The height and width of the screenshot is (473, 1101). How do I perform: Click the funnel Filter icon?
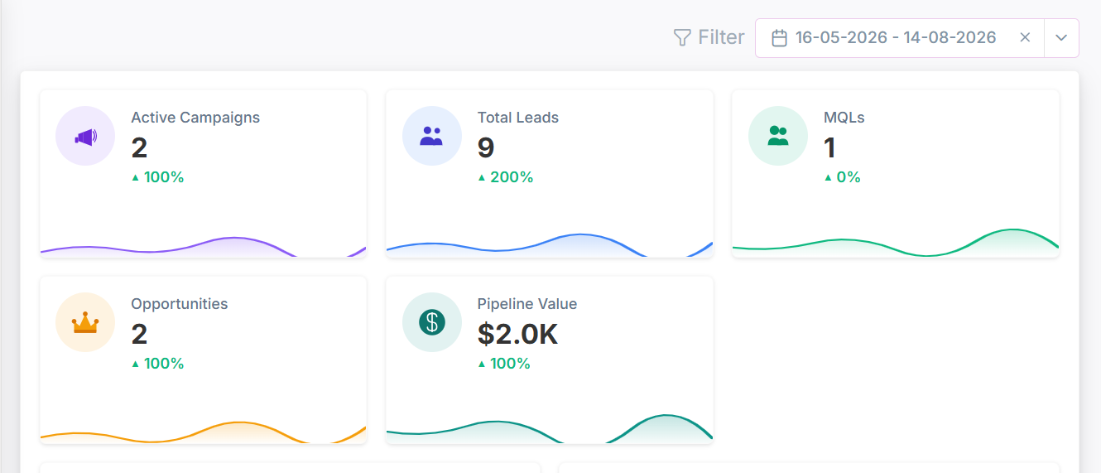[x=682, y=37]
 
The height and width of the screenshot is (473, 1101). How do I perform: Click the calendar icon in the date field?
[x=779, y=38]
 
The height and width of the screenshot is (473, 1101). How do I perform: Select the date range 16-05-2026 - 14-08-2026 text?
[x=896, y=37]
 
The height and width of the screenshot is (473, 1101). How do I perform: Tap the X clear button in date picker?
[x=1025, y=37]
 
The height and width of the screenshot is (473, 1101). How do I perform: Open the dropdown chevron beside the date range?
[x=1061, y=38]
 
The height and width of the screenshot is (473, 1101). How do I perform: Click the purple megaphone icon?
[x=85, y=138]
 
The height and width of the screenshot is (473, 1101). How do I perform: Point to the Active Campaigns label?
[x=195, y=118]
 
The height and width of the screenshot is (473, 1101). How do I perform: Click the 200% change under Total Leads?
[x=512, y=177]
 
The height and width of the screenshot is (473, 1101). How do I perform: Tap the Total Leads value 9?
[x=486, y=147]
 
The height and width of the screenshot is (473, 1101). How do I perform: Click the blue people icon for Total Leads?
[x=431, y=136]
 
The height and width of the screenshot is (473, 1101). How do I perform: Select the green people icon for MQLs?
[x=778, y=136]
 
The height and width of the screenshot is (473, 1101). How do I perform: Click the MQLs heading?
[x=844, y=118]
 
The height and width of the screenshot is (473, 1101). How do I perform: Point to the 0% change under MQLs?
[x=849, y=177]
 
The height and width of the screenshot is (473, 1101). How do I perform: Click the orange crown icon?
[x=85, y=322]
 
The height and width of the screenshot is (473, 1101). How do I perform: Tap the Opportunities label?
[x=180, y=304]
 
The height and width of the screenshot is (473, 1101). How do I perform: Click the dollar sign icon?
[x=432, y=322]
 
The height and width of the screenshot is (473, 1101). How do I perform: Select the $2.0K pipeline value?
[x=517, y=335]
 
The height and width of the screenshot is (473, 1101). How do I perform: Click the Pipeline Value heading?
[x=526, y=304]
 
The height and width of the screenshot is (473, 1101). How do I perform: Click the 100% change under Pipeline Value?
[x=510, y=364]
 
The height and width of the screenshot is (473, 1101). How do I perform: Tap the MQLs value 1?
[x=829, y=147]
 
